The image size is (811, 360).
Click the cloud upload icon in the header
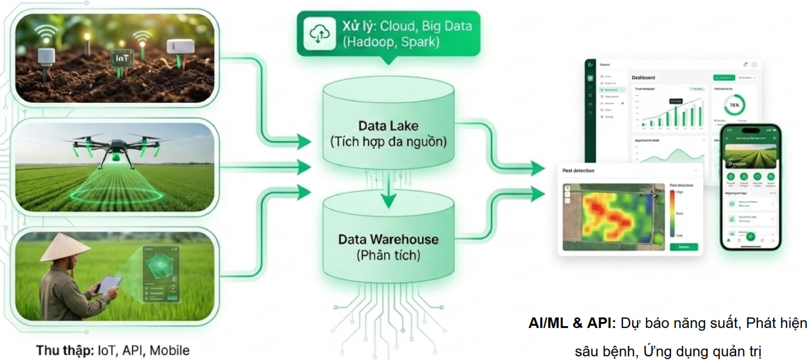(x=319, y=34)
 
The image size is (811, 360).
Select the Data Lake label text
(x=388, y=126)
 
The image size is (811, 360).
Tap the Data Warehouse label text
(x=388, y=239)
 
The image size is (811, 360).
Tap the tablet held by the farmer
(x=109, y=284)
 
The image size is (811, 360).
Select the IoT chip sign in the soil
(x=122, y=58)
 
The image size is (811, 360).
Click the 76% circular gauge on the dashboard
(x=734, y=105)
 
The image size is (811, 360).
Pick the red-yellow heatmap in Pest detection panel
(x=608, y=215)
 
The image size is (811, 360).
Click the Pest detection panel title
(x=578, y=171)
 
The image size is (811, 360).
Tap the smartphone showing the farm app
(x=750, y=187)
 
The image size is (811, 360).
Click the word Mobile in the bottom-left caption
(x=169, y=350)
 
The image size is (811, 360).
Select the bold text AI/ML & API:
(x=572, y=323)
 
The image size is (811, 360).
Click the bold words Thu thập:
(x=65, y=350)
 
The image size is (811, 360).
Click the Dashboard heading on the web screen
(x=643, y=78)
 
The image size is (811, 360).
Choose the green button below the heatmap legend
(x=684, y=247)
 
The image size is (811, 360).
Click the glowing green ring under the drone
(x=117, y=195)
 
